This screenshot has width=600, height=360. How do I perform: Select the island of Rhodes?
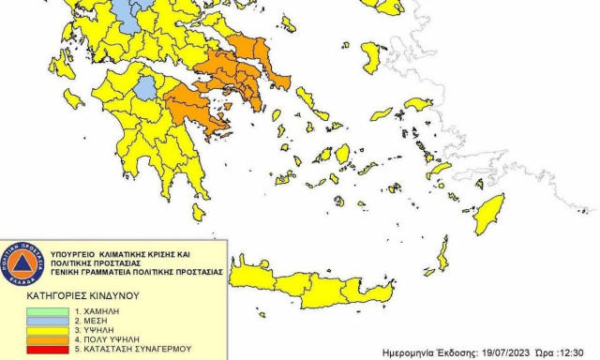point(487,216)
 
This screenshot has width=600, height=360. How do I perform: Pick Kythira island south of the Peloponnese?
point(199,213)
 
